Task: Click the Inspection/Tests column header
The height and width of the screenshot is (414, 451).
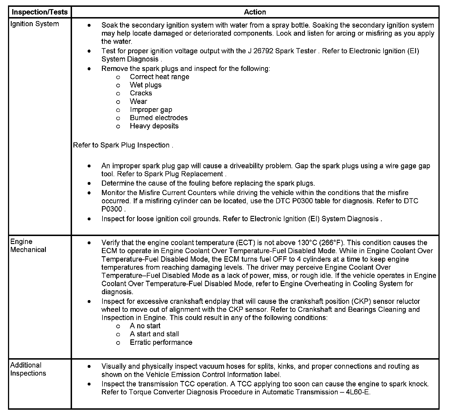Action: (x=40, y=12)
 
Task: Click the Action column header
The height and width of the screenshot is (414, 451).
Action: (x=255, y=12)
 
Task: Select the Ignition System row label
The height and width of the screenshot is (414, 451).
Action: (x=34, y=24)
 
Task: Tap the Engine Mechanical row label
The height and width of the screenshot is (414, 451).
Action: (x=28, y=245)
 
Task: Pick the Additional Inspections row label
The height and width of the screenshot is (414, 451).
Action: (x=28, y=369)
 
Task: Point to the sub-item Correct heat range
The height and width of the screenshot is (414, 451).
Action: (x=159, y=77)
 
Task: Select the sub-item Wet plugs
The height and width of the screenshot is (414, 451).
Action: (x=145, y=85)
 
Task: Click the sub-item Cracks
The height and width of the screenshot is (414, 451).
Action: (x=141, y=93)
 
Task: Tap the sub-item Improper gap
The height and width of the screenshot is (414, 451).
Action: (x=151, y=110)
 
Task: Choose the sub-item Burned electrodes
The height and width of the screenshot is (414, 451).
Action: (x=159, y=118)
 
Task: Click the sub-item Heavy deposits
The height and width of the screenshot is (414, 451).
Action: (x=154, y=126)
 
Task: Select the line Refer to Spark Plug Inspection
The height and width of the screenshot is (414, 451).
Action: (x=123, y=145)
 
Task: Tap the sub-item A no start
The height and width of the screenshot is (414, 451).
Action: (x=145, y=326)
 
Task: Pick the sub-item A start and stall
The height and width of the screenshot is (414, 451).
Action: (x=154, y=334)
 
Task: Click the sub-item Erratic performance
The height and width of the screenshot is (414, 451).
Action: (x=161, y=342)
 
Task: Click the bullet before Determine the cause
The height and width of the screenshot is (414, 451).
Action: (x=89, y=183)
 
